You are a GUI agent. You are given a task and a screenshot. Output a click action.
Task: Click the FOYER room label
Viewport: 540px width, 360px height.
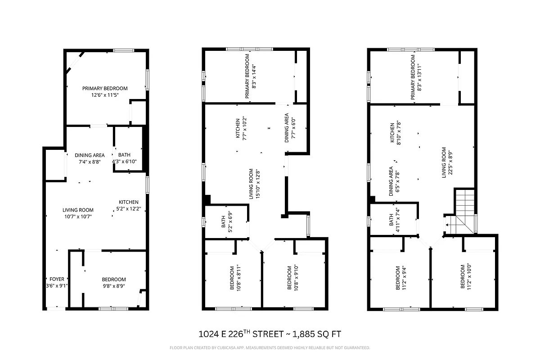pyautogui.click(x=57, y=279)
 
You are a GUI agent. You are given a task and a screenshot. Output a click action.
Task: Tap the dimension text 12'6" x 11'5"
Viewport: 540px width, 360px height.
pyautogui.click(x=105, y=95)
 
